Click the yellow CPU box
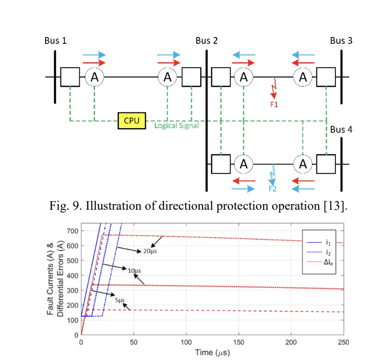(x=132, y=120)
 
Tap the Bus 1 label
(x=56, y=40)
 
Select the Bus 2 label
(x=207, y=40)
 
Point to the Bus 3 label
(x=341, y=40)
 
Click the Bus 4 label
(x=341, y=130)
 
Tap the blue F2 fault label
(x=273, y=188)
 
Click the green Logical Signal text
(x=177, y=126)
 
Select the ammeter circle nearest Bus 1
(x=95, y=77)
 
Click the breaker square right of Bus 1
(x=70, y=77)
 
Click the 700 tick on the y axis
(x=72, y=231)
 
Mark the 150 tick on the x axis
(x=239, y=342)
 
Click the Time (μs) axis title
(x=212, y=353)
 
